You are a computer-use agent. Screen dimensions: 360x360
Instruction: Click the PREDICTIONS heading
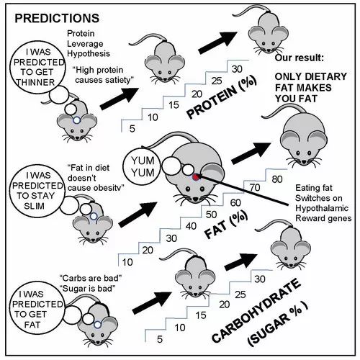(57, 18)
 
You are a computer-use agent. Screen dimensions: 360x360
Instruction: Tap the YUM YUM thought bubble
(143, 167)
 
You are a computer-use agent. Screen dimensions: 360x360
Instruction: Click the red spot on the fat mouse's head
(197, 177)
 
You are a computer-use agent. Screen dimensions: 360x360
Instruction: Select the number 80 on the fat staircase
(277, 179)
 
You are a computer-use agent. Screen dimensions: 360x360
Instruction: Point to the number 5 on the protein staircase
(132, 129)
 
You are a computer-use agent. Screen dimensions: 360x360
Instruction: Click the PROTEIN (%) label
(222, 97)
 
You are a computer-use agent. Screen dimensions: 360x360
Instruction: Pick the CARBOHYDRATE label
(256, 310)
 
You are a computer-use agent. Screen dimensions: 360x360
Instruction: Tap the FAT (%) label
(226, 225)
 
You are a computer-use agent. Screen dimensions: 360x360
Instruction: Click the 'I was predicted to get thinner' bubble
(37, 68)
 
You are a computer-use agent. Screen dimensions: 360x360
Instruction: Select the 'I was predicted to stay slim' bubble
(37, 191)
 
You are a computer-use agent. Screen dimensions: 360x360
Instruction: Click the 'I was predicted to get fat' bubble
(37, 310)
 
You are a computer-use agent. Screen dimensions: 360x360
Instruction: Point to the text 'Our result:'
(300, 58)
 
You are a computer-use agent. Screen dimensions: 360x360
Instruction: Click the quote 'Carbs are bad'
(91, 278)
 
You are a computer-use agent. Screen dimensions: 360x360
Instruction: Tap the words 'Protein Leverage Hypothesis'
(89, 43)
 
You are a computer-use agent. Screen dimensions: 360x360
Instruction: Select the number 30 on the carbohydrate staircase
(260, 279)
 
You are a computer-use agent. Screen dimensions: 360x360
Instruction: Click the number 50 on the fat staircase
(211, 215)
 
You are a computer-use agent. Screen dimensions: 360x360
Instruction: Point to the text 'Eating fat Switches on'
(319, 193)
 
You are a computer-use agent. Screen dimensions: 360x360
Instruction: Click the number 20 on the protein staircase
(197, 94)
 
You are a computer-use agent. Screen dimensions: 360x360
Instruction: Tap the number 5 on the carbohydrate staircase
(160, 339)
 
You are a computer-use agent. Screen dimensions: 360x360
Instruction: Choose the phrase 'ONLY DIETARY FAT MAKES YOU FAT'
(311, 88)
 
